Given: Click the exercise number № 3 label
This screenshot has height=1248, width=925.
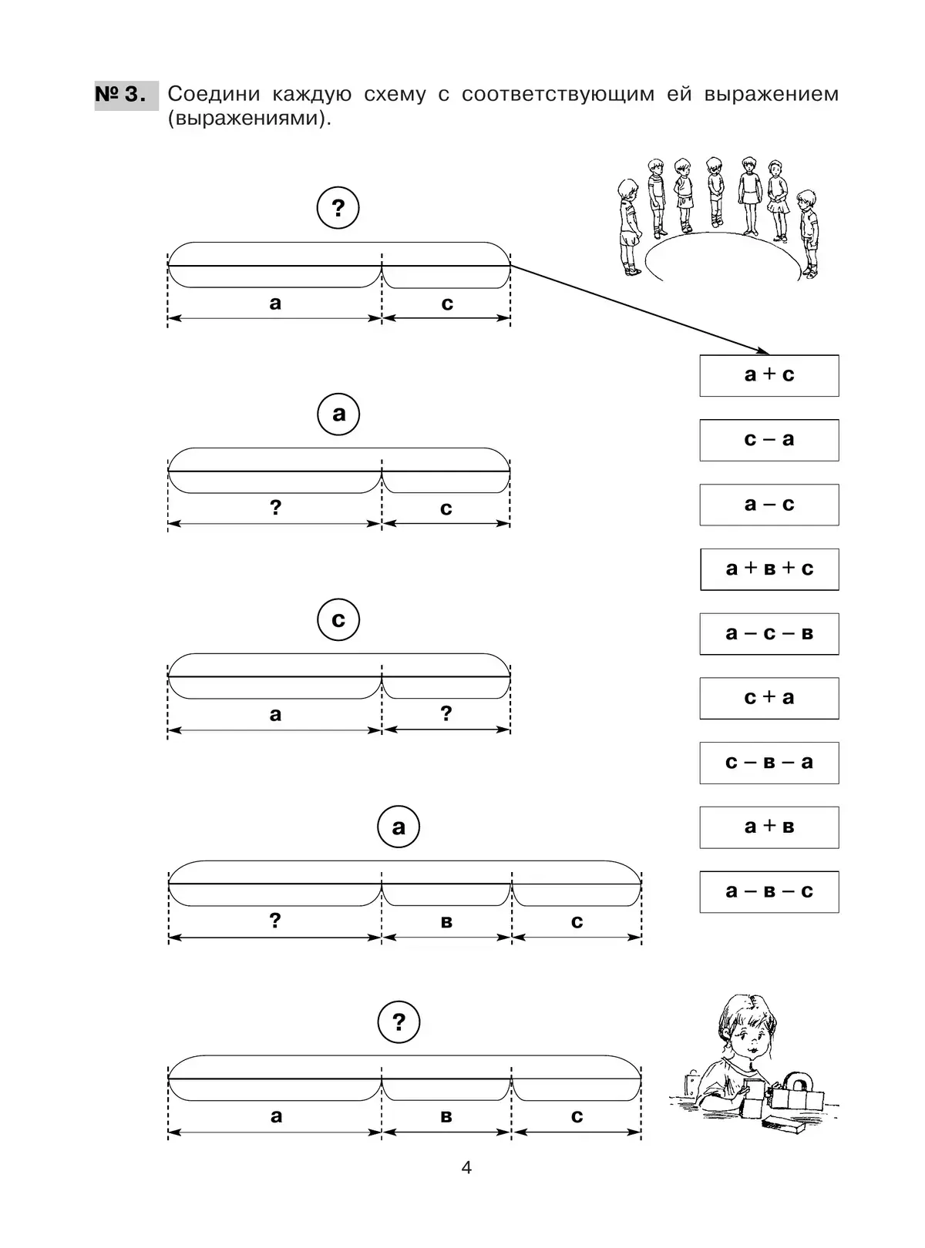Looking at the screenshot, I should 122,95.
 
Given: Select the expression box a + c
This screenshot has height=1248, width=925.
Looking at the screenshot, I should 769,375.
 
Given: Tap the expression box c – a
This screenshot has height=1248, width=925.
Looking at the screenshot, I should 769,440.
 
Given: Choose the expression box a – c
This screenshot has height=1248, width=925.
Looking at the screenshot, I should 769,505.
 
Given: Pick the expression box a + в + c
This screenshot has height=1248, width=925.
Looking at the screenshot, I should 769,569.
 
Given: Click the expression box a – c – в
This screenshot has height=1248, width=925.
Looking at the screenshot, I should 769,634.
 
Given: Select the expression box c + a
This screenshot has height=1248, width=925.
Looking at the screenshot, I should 769,698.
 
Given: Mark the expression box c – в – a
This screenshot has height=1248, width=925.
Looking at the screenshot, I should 769,763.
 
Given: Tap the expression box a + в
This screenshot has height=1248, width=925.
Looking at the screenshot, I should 769,827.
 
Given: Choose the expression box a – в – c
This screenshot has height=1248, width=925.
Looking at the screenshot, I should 769,892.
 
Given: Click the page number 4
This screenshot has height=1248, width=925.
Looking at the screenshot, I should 466,1168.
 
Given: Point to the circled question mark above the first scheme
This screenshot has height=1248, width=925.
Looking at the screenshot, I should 338,208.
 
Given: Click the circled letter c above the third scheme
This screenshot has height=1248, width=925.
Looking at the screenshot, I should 338,620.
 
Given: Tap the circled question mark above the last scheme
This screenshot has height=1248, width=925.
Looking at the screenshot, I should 399,1022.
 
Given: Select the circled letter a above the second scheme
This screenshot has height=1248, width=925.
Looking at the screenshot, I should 338,414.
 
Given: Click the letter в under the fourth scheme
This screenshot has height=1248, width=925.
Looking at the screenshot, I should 446,922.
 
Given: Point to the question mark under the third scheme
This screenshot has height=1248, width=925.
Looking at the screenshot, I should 446,713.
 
